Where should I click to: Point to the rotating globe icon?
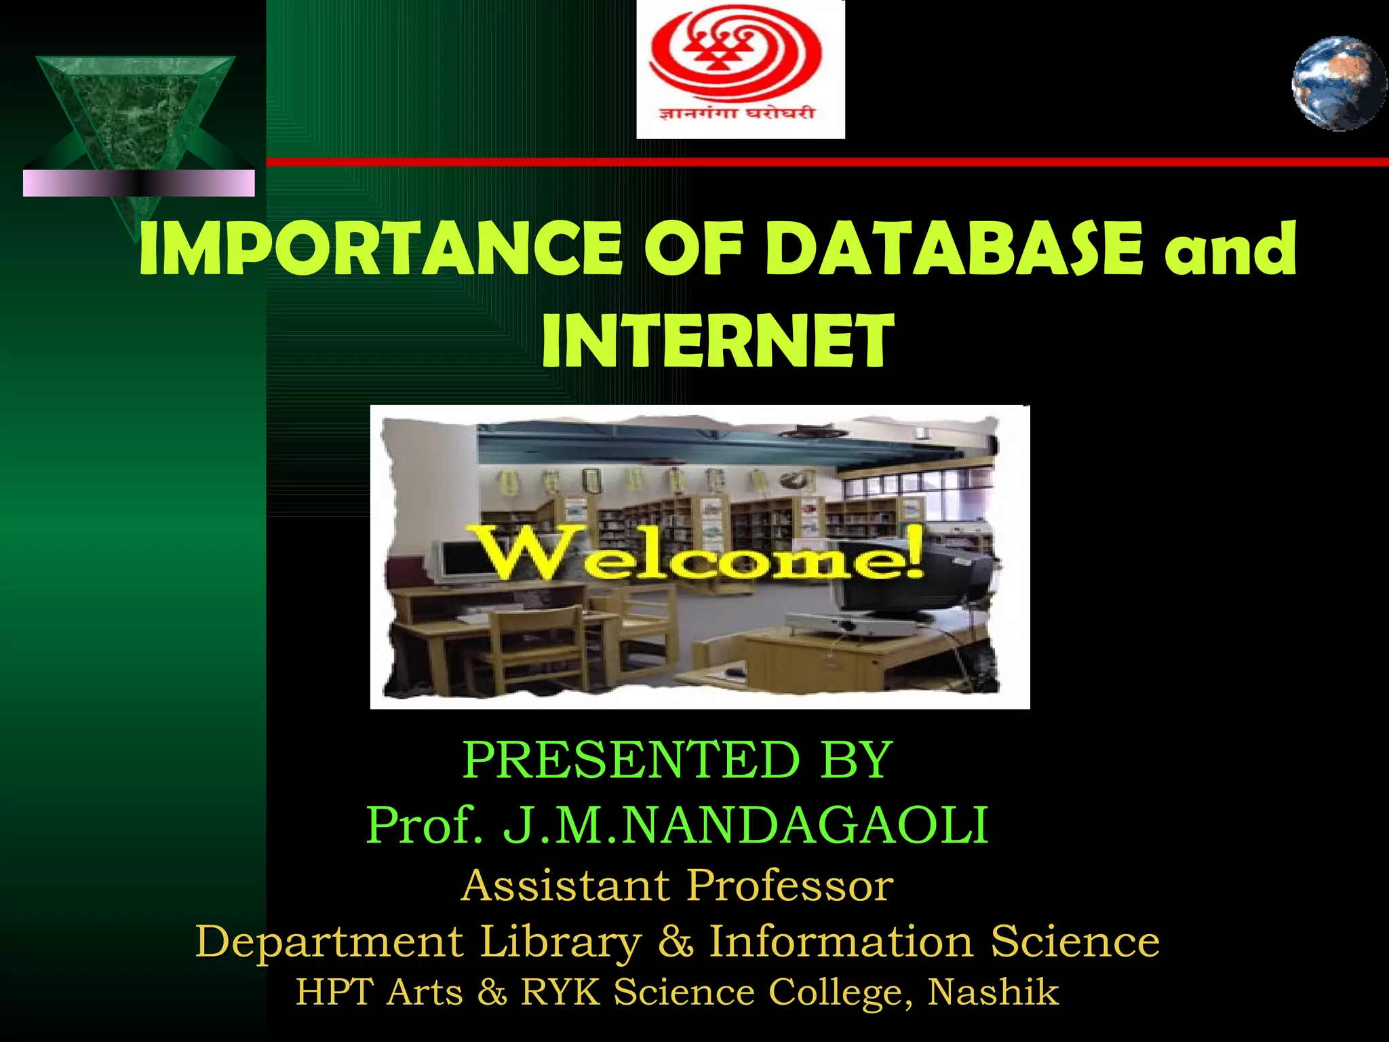[1338, 84]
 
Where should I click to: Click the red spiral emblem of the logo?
[735, 54]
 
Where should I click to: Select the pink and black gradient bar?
[138, 183]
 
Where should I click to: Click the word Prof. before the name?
[424, 826]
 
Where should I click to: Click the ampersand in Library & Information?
[675, 942]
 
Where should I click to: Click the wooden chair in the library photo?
[536, 644]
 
